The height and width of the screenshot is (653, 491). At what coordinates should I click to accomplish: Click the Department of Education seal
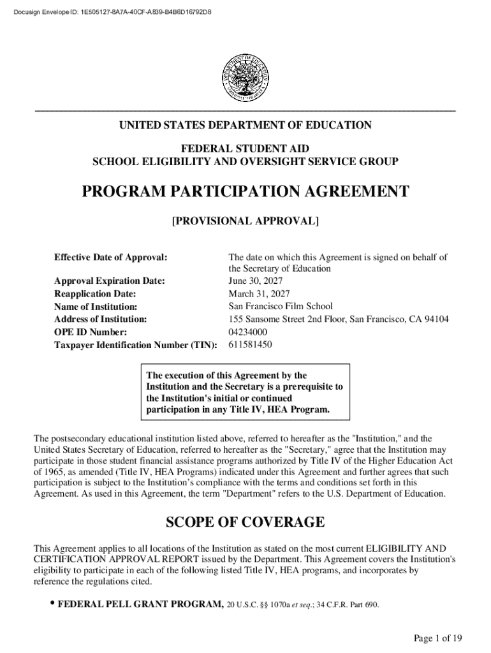245,75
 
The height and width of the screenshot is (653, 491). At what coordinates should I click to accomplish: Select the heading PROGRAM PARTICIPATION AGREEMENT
245,192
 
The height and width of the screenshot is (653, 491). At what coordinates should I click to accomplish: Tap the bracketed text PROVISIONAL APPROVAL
245,222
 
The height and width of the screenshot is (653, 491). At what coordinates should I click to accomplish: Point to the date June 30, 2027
255,281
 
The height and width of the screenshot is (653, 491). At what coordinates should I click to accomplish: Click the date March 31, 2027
259,294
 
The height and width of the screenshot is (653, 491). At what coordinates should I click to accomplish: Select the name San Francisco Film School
281,307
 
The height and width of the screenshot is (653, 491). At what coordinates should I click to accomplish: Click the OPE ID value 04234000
248,332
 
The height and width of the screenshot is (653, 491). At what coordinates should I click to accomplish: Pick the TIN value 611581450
250,345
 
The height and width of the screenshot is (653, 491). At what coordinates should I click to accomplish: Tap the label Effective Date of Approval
111,258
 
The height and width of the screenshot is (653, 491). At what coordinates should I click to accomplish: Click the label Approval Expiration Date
110,281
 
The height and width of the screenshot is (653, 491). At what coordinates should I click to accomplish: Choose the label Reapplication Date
95,294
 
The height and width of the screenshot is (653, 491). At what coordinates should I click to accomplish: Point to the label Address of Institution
101,319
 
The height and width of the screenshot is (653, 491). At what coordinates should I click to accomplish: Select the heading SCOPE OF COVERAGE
245,523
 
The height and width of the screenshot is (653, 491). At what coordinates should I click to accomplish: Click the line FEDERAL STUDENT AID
245,149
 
